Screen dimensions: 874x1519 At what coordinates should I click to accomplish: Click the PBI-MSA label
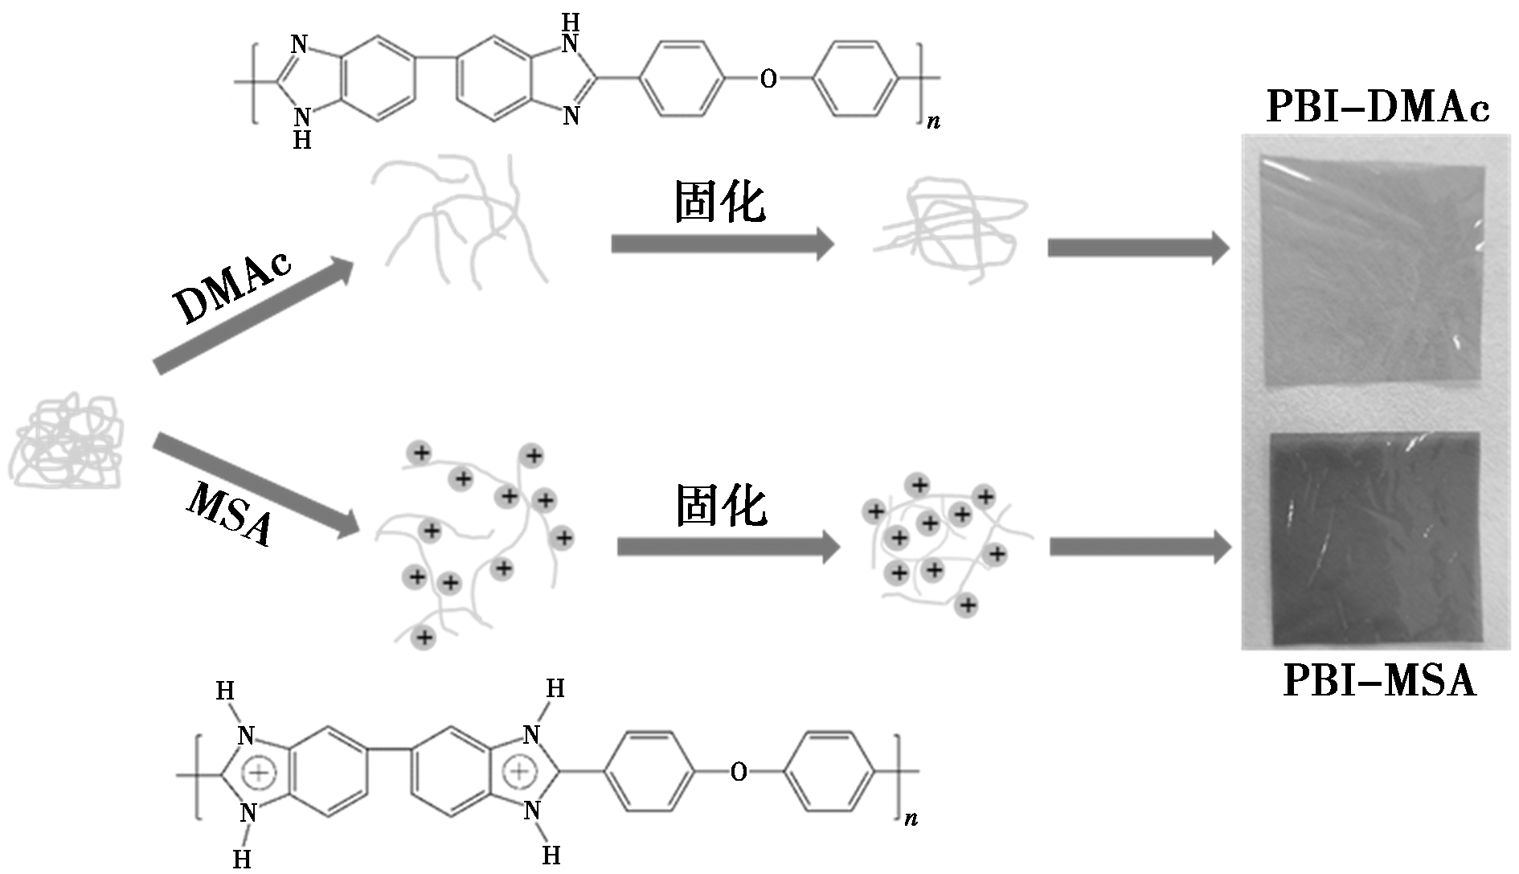[x=1379, y=680]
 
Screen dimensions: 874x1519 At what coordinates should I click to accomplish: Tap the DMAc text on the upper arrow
[x=233, y=285]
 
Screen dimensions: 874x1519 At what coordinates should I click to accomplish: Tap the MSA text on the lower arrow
[x=230, y=514]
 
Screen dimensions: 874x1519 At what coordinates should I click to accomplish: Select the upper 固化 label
[x=719, y=201]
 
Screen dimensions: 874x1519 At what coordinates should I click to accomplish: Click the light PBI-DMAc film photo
[x=1371, y=273]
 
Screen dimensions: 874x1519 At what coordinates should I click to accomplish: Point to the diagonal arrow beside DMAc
[x=253, y=316]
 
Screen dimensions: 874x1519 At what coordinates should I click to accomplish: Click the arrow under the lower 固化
[x=727, y=548]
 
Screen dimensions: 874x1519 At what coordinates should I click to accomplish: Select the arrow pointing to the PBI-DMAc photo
[x=1137, y=248]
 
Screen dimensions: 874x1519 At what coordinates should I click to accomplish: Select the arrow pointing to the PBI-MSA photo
[x=1140, y=548]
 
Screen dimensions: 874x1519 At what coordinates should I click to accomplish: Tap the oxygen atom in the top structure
[x=768, y=79]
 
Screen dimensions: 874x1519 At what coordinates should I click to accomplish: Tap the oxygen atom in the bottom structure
[x=739, y=773]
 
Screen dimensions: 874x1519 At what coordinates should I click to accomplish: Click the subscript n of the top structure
[x=933, y=122]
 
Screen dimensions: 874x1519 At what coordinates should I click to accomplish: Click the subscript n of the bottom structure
[x=911, y=819]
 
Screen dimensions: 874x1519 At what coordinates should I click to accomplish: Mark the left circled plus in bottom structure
[x=259, y=773]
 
